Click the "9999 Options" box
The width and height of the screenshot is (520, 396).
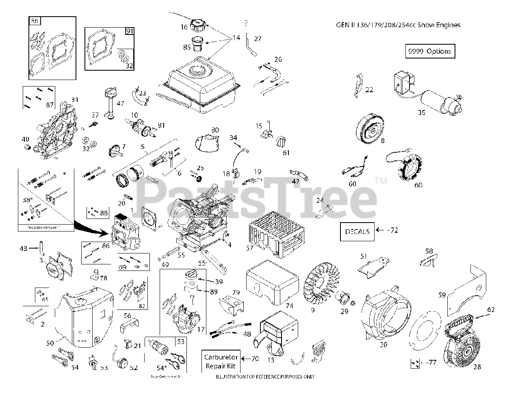coord(430,51)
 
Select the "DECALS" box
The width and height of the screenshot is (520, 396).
coord(357,231)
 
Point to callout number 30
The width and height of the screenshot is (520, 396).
coord(383,345)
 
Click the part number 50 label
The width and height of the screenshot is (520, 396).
coord(50,343)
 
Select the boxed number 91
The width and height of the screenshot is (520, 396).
coord(130,31)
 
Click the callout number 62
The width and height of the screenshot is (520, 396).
coord(491,309)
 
